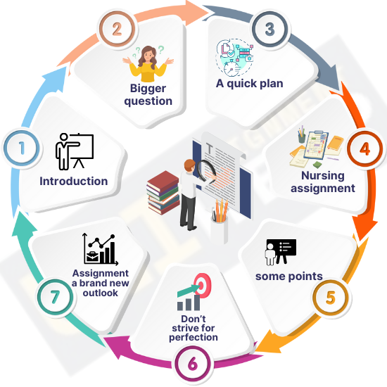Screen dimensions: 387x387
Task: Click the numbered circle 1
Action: pos(22,148)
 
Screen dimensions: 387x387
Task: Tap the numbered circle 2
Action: pos(118,29)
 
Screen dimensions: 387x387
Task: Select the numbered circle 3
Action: pos(269,29)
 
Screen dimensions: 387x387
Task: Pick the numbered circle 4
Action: pos(365,148)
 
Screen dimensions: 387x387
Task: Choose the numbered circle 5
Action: pos(331,297)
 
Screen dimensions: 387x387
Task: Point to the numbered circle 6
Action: pos(193,364)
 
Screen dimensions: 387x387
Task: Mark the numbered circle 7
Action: pos(56,297)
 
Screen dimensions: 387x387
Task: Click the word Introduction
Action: pos(74,181)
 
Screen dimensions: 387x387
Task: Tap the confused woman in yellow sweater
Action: pos(148,63)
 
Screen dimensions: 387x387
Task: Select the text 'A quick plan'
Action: pos(250,84)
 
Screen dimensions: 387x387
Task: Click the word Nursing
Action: pos(323,175)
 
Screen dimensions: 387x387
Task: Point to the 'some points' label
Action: pos(289,277)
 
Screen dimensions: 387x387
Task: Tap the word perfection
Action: pos(193,337)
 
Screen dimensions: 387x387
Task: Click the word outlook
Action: pos(100,293)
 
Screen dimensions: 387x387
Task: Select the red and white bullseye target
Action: pos(203,285)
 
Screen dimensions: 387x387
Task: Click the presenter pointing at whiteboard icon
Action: pos(75,151)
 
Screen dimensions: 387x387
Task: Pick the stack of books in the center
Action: pos(163,193)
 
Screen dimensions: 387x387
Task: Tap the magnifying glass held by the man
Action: pos(207,171)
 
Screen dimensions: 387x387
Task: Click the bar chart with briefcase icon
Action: pos(100,249)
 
